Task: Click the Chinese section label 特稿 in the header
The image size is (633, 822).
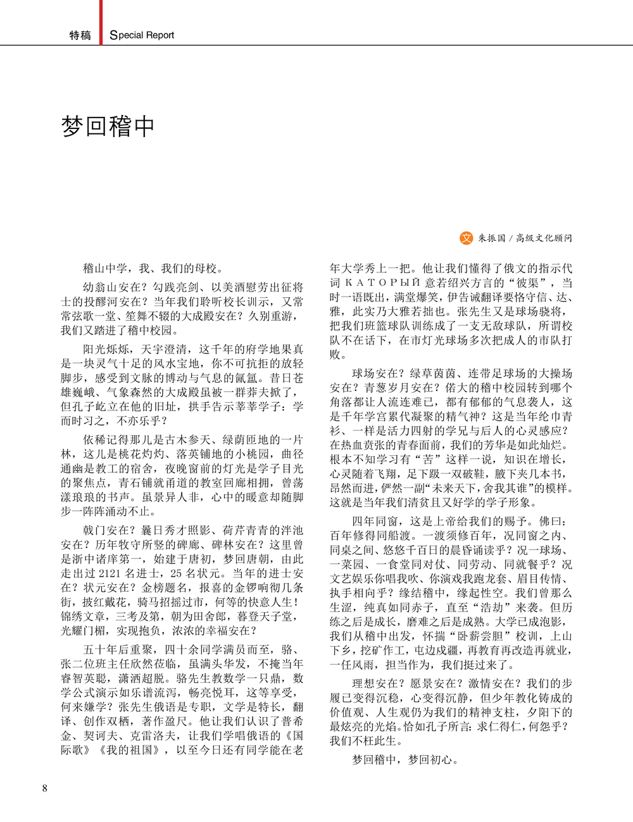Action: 80,35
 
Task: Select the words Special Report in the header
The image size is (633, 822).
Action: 142,35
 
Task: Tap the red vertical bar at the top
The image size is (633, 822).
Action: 101,21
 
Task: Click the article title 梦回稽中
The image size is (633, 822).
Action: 108,126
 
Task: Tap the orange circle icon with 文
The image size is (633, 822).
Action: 466,238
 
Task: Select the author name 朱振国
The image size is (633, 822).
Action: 492,238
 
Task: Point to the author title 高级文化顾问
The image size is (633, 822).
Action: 544,238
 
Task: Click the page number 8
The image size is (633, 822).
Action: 44,788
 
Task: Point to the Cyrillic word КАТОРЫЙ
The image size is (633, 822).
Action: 384,283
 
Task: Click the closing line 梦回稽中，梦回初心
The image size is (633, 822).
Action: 404,759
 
